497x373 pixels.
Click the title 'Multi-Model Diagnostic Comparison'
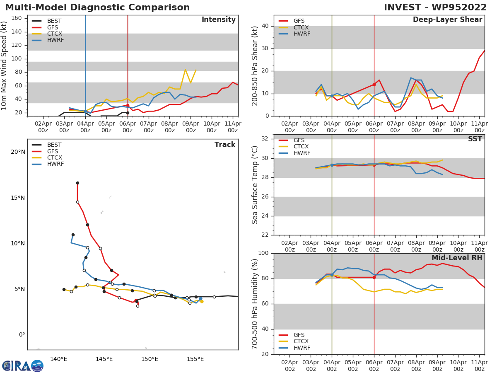[97, 7]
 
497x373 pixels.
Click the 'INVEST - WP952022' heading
[435, 7]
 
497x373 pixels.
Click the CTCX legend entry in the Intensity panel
[55, 34]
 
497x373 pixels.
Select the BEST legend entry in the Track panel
[54, 145]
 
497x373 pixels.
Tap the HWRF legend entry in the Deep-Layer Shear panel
[302, 34]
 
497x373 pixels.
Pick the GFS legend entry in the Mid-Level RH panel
[299, 335]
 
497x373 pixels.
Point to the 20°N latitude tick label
[18, 152]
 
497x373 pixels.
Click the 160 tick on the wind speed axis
[16, 18]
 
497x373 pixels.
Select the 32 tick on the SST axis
[266, 139]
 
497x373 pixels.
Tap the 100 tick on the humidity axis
[264, 253]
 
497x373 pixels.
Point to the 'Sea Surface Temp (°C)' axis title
[256, 185]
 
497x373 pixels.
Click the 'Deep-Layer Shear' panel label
[447, 20]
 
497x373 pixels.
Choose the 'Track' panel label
[224, 145]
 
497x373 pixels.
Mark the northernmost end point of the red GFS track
[77, 183]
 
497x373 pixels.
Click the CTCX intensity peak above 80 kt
[185, 69]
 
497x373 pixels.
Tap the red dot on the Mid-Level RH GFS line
[374, 277]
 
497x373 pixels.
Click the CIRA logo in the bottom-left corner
[23, 366]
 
